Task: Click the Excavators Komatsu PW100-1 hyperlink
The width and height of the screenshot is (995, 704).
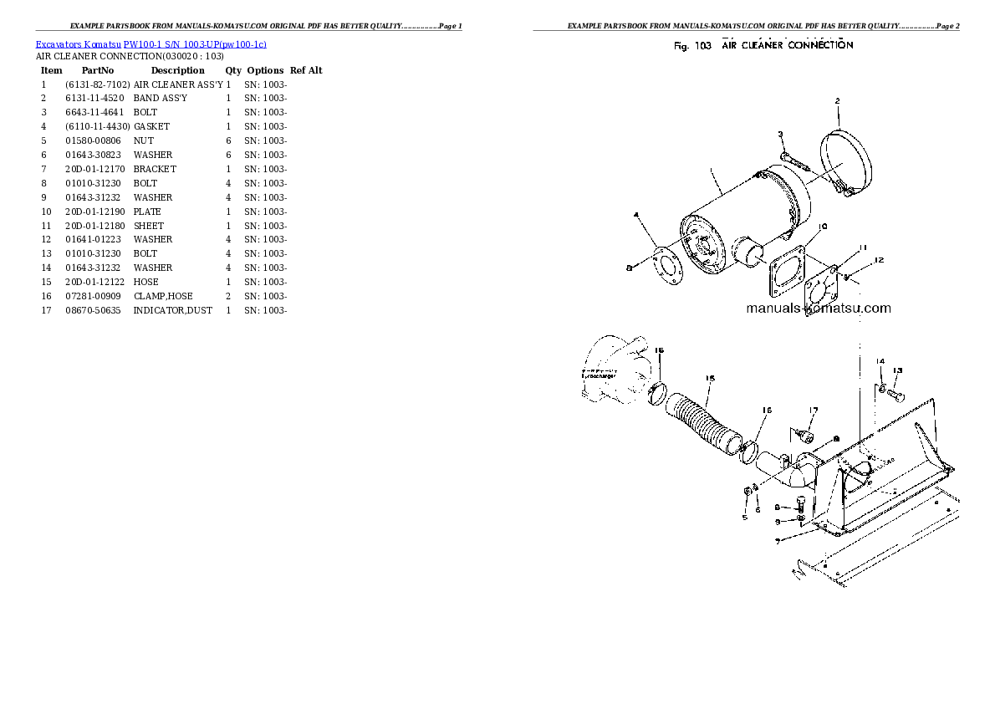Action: (151, 43)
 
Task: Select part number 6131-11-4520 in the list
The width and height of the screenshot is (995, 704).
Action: (94, 98)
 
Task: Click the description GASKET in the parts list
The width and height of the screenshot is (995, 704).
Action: (151, 126)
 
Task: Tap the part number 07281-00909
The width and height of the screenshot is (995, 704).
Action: (92, 296)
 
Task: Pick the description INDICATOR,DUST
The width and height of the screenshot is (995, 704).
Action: (172, 310)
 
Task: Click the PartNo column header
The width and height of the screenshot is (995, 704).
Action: (98, 70)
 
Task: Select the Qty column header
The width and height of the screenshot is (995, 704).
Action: (233, 70)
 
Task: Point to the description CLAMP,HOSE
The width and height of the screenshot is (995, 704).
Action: (163, 296)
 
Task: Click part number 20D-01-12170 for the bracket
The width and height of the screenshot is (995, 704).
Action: (94, 169)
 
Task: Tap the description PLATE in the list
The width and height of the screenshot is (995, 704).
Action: (147, 212)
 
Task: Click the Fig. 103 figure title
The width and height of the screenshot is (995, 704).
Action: (763, 45)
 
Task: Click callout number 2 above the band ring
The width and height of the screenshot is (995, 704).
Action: (836, 101)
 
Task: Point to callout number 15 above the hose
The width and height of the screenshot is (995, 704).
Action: (709, 378)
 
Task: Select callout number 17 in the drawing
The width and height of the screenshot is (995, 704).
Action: (812, 410)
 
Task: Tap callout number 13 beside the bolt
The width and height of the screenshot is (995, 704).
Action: (897, 370)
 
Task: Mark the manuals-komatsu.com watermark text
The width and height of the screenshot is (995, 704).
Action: (819, 309)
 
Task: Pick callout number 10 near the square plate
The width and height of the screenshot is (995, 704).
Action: (823, 226)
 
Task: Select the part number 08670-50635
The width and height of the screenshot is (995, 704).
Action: (92, 310)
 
